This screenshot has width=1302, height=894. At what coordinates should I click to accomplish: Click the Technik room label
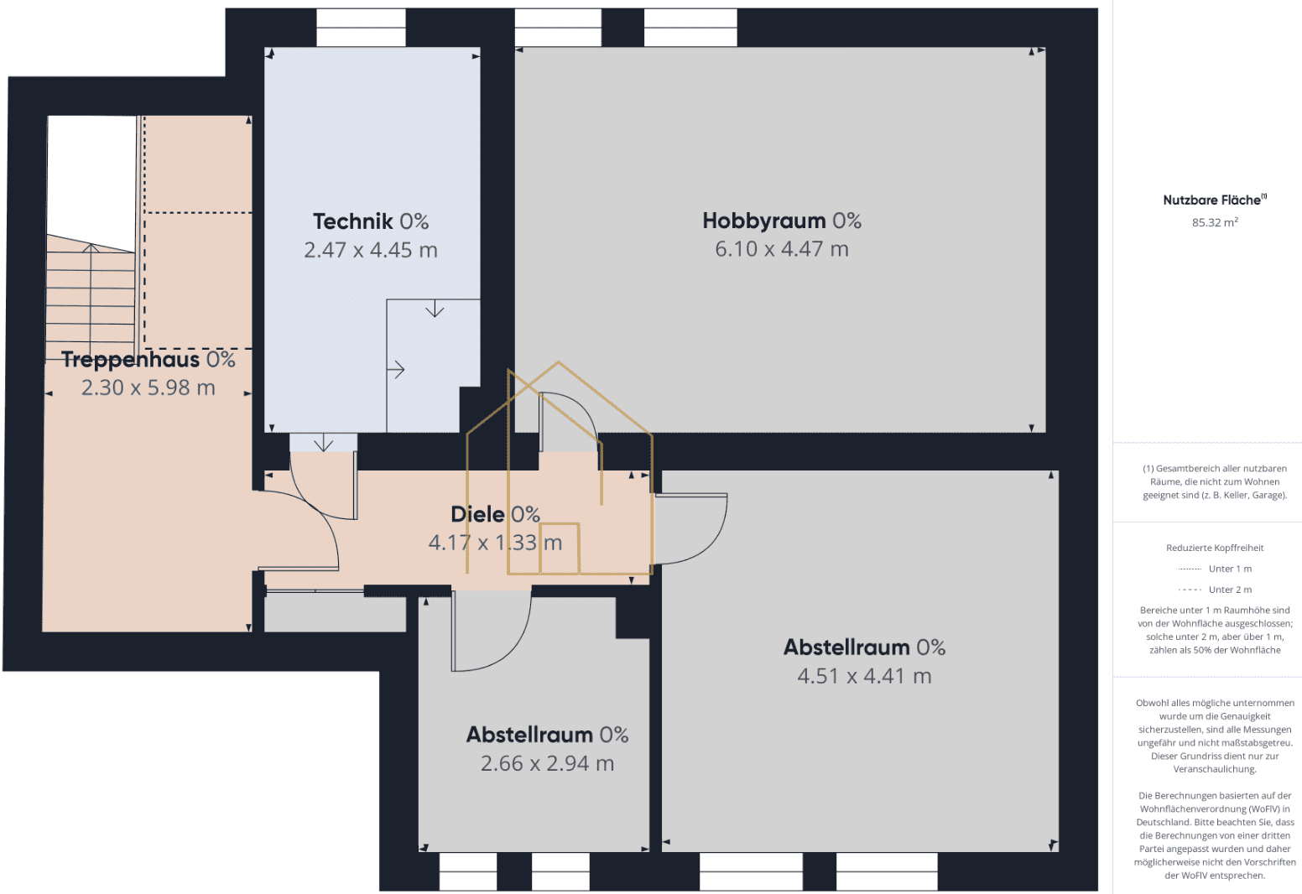(x=353, y=221)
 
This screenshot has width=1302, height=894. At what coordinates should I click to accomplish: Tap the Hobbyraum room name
(x=763, y=221)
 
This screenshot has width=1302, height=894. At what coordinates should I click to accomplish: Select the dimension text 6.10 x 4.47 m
(x=782, y=248)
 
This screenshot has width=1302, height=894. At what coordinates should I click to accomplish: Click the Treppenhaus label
(x=130, y=360)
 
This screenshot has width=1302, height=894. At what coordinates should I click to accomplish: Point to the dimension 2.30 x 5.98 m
(x=148, y=387)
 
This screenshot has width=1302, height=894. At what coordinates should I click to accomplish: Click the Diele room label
(x=477, y=514)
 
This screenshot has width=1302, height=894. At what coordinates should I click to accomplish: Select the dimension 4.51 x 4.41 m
(x=864, y=676)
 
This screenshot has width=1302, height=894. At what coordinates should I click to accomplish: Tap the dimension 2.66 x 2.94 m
(x=548, y=763)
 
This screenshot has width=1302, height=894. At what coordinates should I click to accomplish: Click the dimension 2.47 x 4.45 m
(x=371, y=250)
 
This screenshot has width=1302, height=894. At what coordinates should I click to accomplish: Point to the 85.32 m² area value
(x=1215, y=222)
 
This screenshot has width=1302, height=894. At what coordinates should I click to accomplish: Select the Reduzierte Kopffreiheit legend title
(x=1215, y=548)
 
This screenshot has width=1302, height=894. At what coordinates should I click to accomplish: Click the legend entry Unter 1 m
(x=1230, y=569)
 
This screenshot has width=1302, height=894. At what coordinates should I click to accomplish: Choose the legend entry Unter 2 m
(x=1230, y=590)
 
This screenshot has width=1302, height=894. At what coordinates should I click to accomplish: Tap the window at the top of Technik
(x=361, y=28)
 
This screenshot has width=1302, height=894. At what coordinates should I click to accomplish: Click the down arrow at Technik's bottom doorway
(x=323, y=443)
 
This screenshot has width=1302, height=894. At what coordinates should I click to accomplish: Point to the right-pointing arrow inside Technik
(x=395, y=369)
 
